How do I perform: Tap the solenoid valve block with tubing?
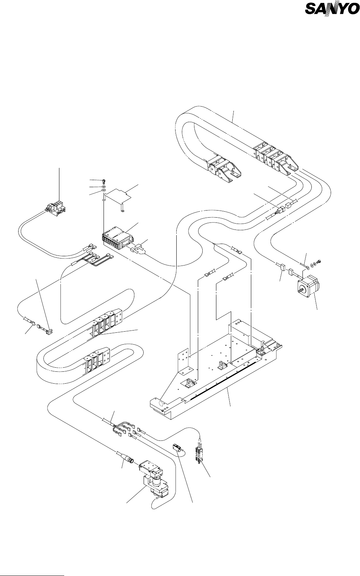[x=56, y=208]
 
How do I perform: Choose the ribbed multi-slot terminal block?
[x=117, y=238]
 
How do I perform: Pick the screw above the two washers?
[x=103, y=180]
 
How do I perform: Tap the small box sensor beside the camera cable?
[x=176, y=447]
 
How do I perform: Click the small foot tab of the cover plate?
[x=123, y=211]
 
